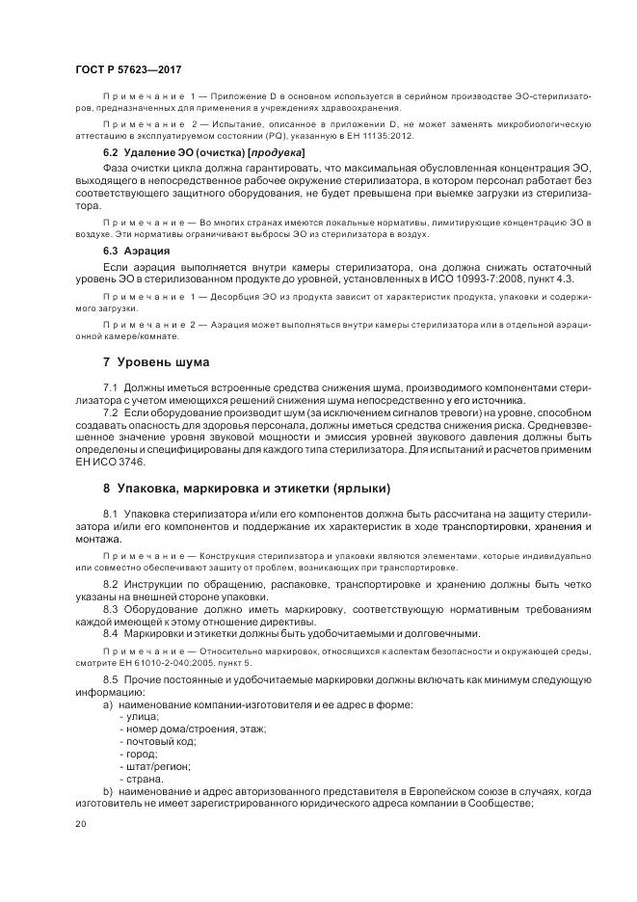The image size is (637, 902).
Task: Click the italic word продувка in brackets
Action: coord(279,153)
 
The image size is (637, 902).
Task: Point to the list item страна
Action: coord(143,779)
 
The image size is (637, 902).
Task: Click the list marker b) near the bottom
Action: coord(107,791)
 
